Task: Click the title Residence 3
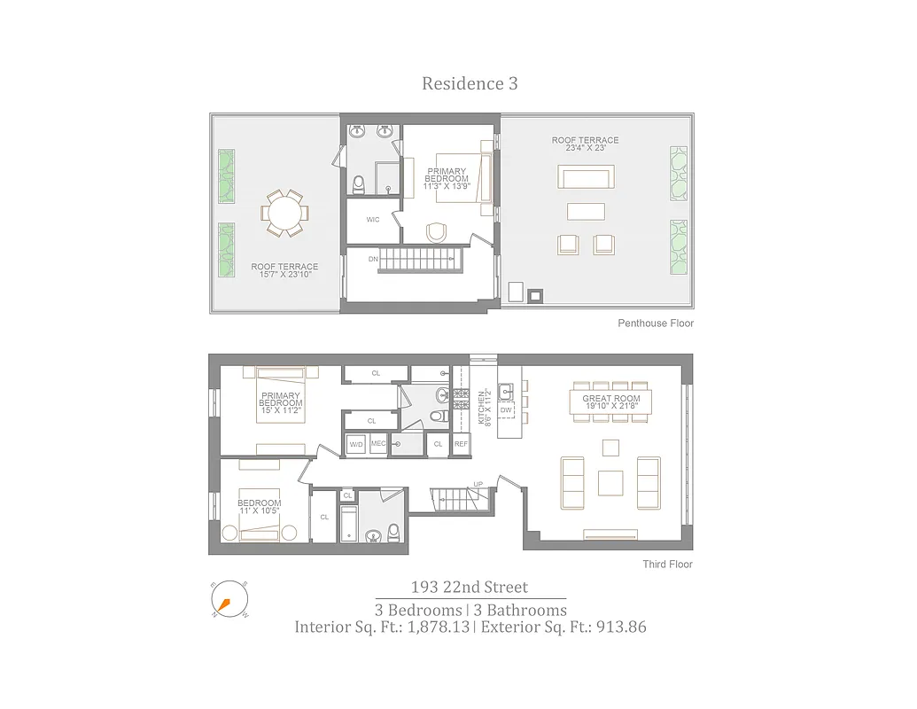470,84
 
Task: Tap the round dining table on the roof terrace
284,214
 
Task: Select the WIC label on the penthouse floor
373,220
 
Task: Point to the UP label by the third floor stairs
478,485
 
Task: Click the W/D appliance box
356,444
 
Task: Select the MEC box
378,444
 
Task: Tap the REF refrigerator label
461,444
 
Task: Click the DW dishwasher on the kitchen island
506,410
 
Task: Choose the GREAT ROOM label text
611,399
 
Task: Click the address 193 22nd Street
469,588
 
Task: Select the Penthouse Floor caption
656,323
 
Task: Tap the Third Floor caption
668,565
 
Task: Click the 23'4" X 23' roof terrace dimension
585,149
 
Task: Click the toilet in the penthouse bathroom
359,184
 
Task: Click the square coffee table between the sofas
611,482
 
